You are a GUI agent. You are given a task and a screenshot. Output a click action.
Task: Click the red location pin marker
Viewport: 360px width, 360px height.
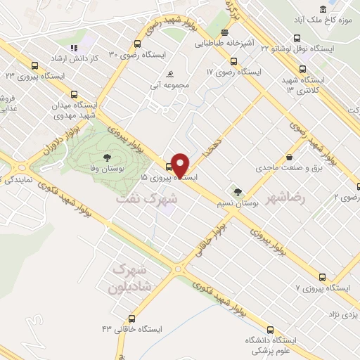tap(179, 165)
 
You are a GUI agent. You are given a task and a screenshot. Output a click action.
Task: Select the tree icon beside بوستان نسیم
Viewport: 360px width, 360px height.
tap(238, 191)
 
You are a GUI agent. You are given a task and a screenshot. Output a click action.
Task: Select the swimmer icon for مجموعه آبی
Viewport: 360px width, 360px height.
tap(169, 74)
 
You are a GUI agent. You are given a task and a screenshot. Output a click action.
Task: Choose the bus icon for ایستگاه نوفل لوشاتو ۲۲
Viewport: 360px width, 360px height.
tap(297, 39)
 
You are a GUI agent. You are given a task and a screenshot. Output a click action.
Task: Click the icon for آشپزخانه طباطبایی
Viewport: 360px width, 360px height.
tap(224, 33)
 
